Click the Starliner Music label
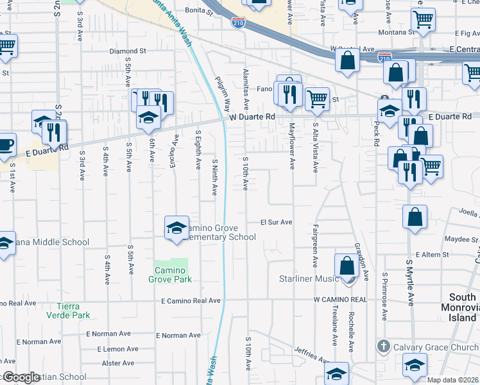[x=309, y=278]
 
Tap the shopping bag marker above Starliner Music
[x=347, y=264]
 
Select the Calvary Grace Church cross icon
[x=384, y=346]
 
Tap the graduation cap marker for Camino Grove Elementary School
[x=176, y=228]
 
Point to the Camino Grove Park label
[x=170, y=275]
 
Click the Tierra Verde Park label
[x=68, y=311]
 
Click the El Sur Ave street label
[x=276, y=222]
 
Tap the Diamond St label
[x=128, y=51]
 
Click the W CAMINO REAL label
[x=340, y=300]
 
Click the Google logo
[x=21, y=377]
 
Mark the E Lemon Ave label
[x=117, y=349]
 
